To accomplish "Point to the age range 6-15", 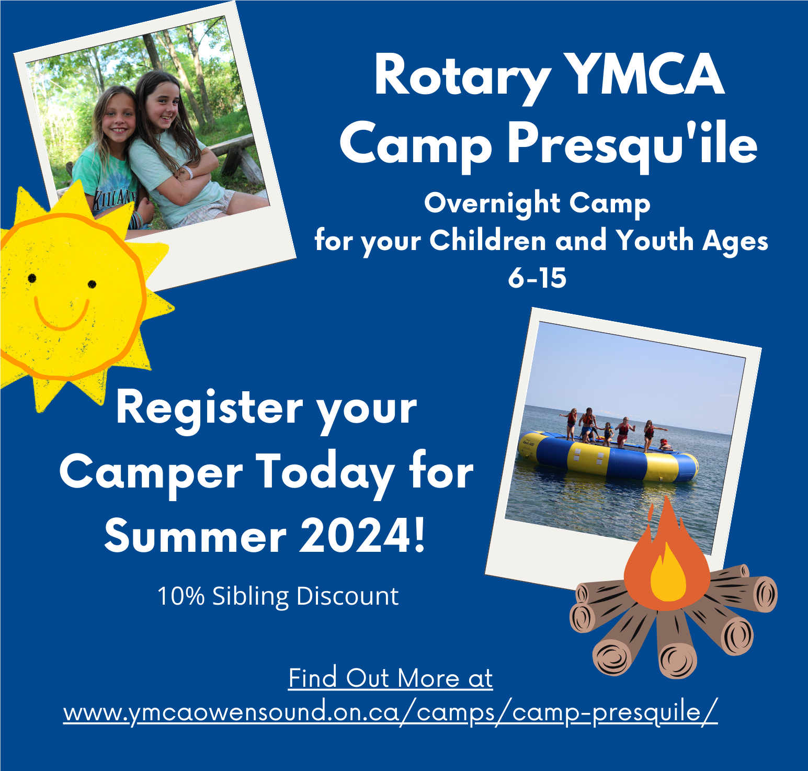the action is click(x=537, y=278).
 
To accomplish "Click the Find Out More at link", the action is click(x=391, y=678).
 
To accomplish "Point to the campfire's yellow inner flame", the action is click(x=668, y=573).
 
